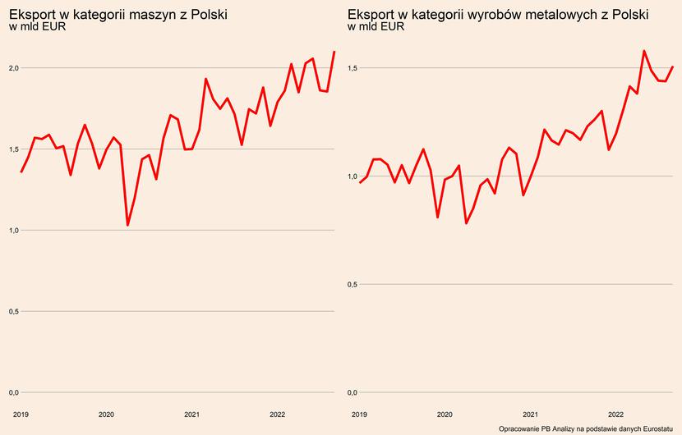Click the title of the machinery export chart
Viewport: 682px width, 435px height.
[118, 15]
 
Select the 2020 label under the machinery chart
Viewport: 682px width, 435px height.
[106, 414]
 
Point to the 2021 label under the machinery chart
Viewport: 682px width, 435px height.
[191, 414]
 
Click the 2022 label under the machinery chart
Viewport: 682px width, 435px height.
[277, 414]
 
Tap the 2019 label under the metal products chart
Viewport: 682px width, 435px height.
[359, 414]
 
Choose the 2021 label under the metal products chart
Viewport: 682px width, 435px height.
[530, 414]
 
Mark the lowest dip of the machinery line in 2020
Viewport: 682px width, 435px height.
[127, 225]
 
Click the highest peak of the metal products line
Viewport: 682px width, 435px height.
[644, 51]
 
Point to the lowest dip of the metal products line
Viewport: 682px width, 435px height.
[466, 223]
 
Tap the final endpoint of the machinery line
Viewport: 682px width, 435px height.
[334, 52]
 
